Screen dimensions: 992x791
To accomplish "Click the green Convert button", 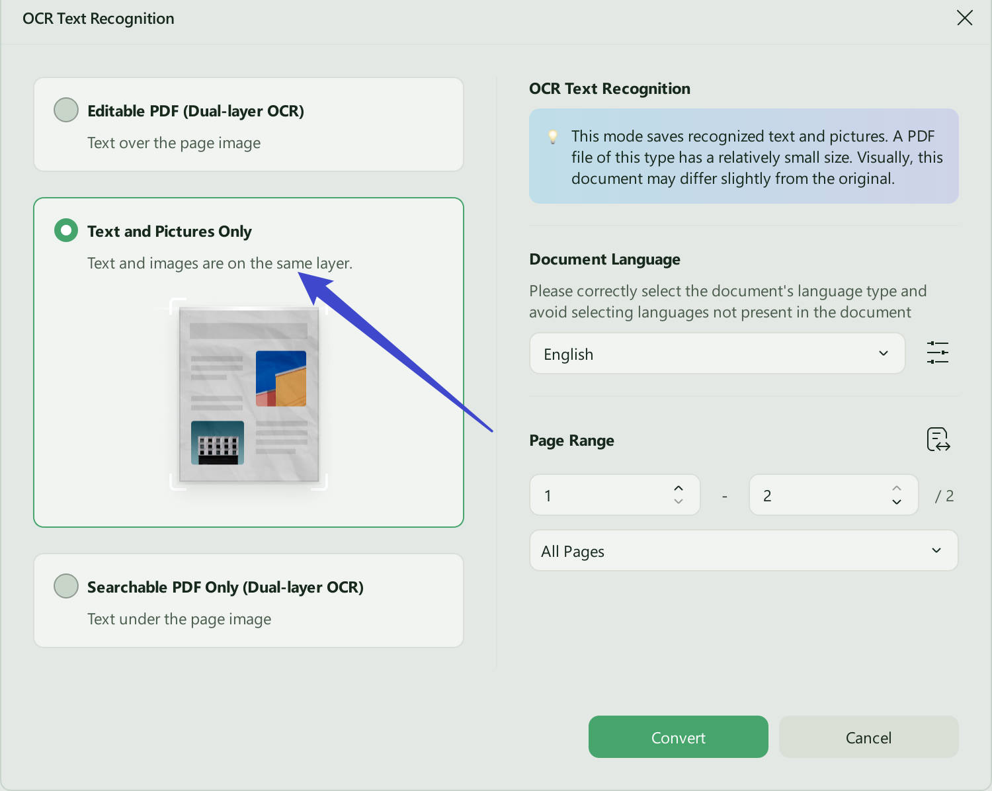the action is click(x=678, y=737).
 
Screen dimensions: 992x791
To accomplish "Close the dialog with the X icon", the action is click(x=965, y=18).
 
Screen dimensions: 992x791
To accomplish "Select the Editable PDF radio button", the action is click(x=66, y=110).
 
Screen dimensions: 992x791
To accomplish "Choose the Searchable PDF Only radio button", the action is click(x=66, y=586).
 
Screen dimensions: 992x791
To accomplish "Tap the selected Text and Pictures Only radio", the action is click(x=66, y=230).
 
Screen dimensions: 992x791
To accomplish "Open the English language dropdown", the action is click(x=717, y=354).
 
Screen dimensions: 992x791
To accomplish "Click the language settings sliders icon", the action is click(x=938, y=353).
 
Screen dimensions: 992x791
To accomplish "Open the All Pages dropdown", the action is click(x=743, y=550).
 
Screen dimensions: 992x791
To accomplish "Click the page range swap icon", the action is click(x=938, y=439).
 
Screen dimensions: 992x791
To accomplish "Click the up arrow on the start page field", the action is click(x=678, y=488).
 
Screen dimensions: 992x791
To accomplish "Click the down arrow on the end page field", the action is click(x=897, y=502).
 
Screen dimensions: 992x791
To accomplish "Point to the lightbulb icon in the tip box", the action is click(x=552, y=137).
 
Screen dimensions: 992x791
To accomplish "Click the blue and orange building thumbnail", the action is click(x=280, y=378).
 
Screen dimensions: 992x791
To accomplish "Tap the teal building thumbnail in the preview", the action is click(x=217, y=442).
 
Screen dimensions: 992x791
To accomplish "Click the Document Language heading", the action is click(x=604, y=259).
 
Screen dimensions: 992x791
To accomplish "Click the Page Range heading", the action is click(x=571, y=440).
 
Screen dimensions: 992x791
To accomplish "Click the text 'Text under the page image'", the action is click(x=179, y=618).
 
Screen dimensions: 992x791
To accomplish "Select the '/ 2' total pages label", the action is click(x=944, y=495).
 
